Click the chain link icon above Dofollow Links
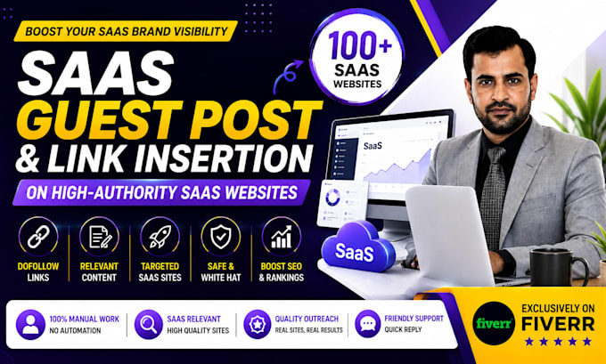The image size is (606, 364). tap(38, 237)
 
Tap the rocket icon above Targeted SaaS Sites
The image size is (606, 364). tap(160, 237)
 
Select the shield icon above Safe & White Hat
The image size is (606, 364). tap(221, 237)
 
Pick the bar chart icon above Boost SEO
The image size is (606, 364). tap(282, 237)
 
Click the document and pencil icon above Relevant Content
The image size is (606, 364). tap(99, 237)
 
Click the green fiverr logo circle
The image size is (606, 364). tap(494, 323)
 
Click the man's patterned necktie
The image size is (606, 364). tap(492, 198)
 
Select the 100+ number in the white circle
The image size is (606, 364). tap(360, 45)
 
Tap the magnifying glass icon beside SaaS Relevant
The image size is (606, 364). tap(149, 325)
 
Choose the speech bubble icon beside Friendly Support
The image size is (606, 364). tap(367, 324)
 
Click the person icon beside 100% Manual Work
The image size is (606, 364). tap(30, 325)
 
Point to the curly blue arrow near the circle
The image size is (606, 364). tap(287, 76)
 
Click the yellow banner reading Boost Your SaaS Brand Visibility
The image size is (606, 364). tap(126, 31)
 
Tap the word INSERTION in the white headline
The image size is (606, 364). tap(225, 158)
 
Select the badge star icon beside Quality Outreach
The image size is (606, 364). tap(258, 324)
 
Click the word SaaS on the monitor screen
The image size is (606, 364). tap(373, 146)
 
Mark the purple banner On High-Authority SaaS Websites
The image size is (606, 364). tap(161, 192)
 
